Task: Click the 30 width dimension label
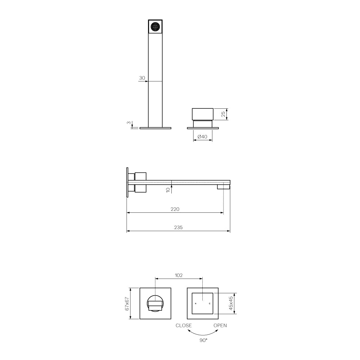(142, 78)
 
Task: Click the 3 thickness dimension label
(129, 123)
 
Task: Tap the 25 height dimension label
(223, 114)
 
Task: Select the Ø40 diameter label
(203, 136)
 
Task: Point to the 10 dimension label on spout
(168, 190)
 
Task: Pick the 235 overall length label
(178, 227)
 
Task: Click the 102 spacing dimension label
(179, 275)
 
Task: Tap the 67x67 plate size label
(127, 303)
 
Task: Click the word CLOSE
(184, 325)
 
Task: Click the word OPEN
(220, 325)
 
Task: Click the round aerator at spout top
(156, 27)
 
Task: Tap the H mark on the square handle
(195, 304)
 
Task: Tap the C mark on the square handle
(210, 304)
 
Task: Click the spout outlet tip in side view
(223, 186)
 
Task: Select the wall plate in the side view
(127, 182)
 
